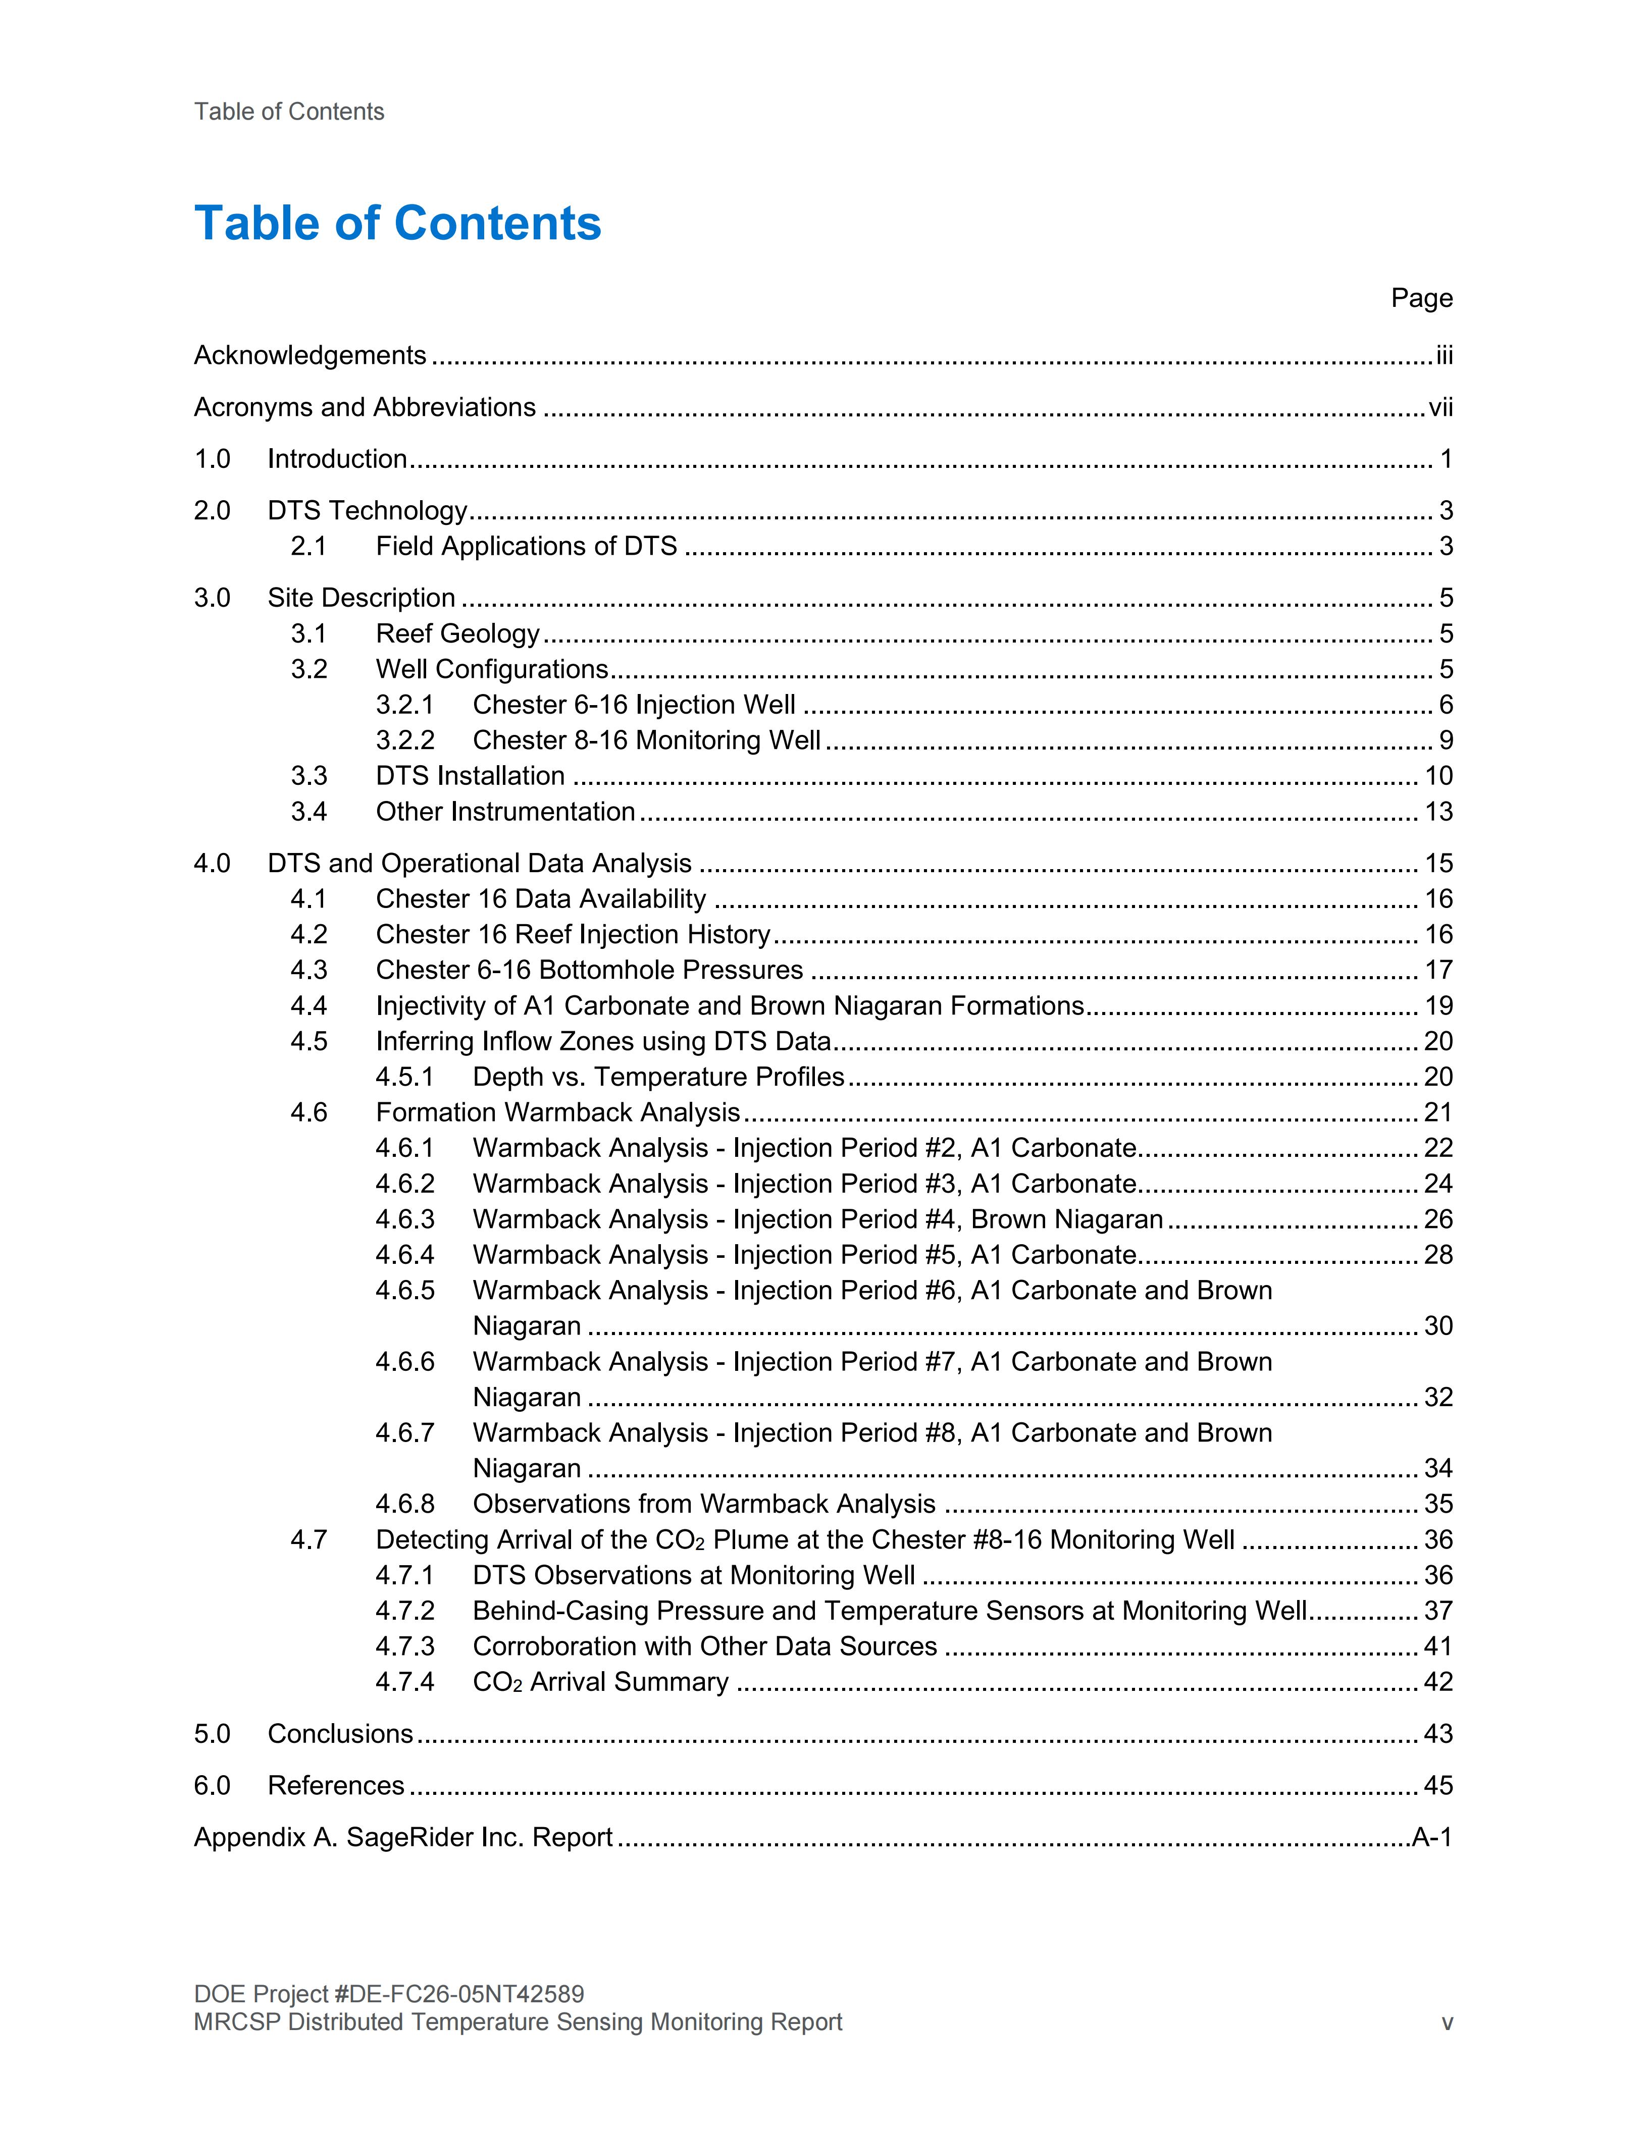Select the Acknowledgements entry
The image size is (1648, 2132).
(310, 355)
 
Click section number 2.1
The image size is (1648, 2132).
(308, 547)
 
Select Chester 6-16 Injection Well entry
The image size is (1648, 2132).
(634, 705)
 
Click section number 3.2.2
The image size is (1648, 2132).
(405, 741)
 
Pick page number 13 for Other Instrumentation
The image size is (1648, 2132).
(1438, 812)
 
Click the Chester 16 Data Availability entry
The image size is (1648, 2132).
(541, 899)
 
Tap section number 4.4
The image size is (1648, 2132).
(308, 1006)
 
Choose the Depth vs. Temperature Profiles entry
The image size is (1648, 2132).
(658, 1077)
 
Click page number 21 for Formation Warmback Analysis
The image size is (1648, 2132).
(1438, 1113)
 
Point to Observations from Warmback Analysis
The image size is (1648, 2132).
(704, 1504)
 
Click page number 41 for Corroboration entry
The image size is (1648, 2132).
(1438, 1647)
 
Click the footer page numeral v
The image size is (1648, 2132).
(1447, 2022)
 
